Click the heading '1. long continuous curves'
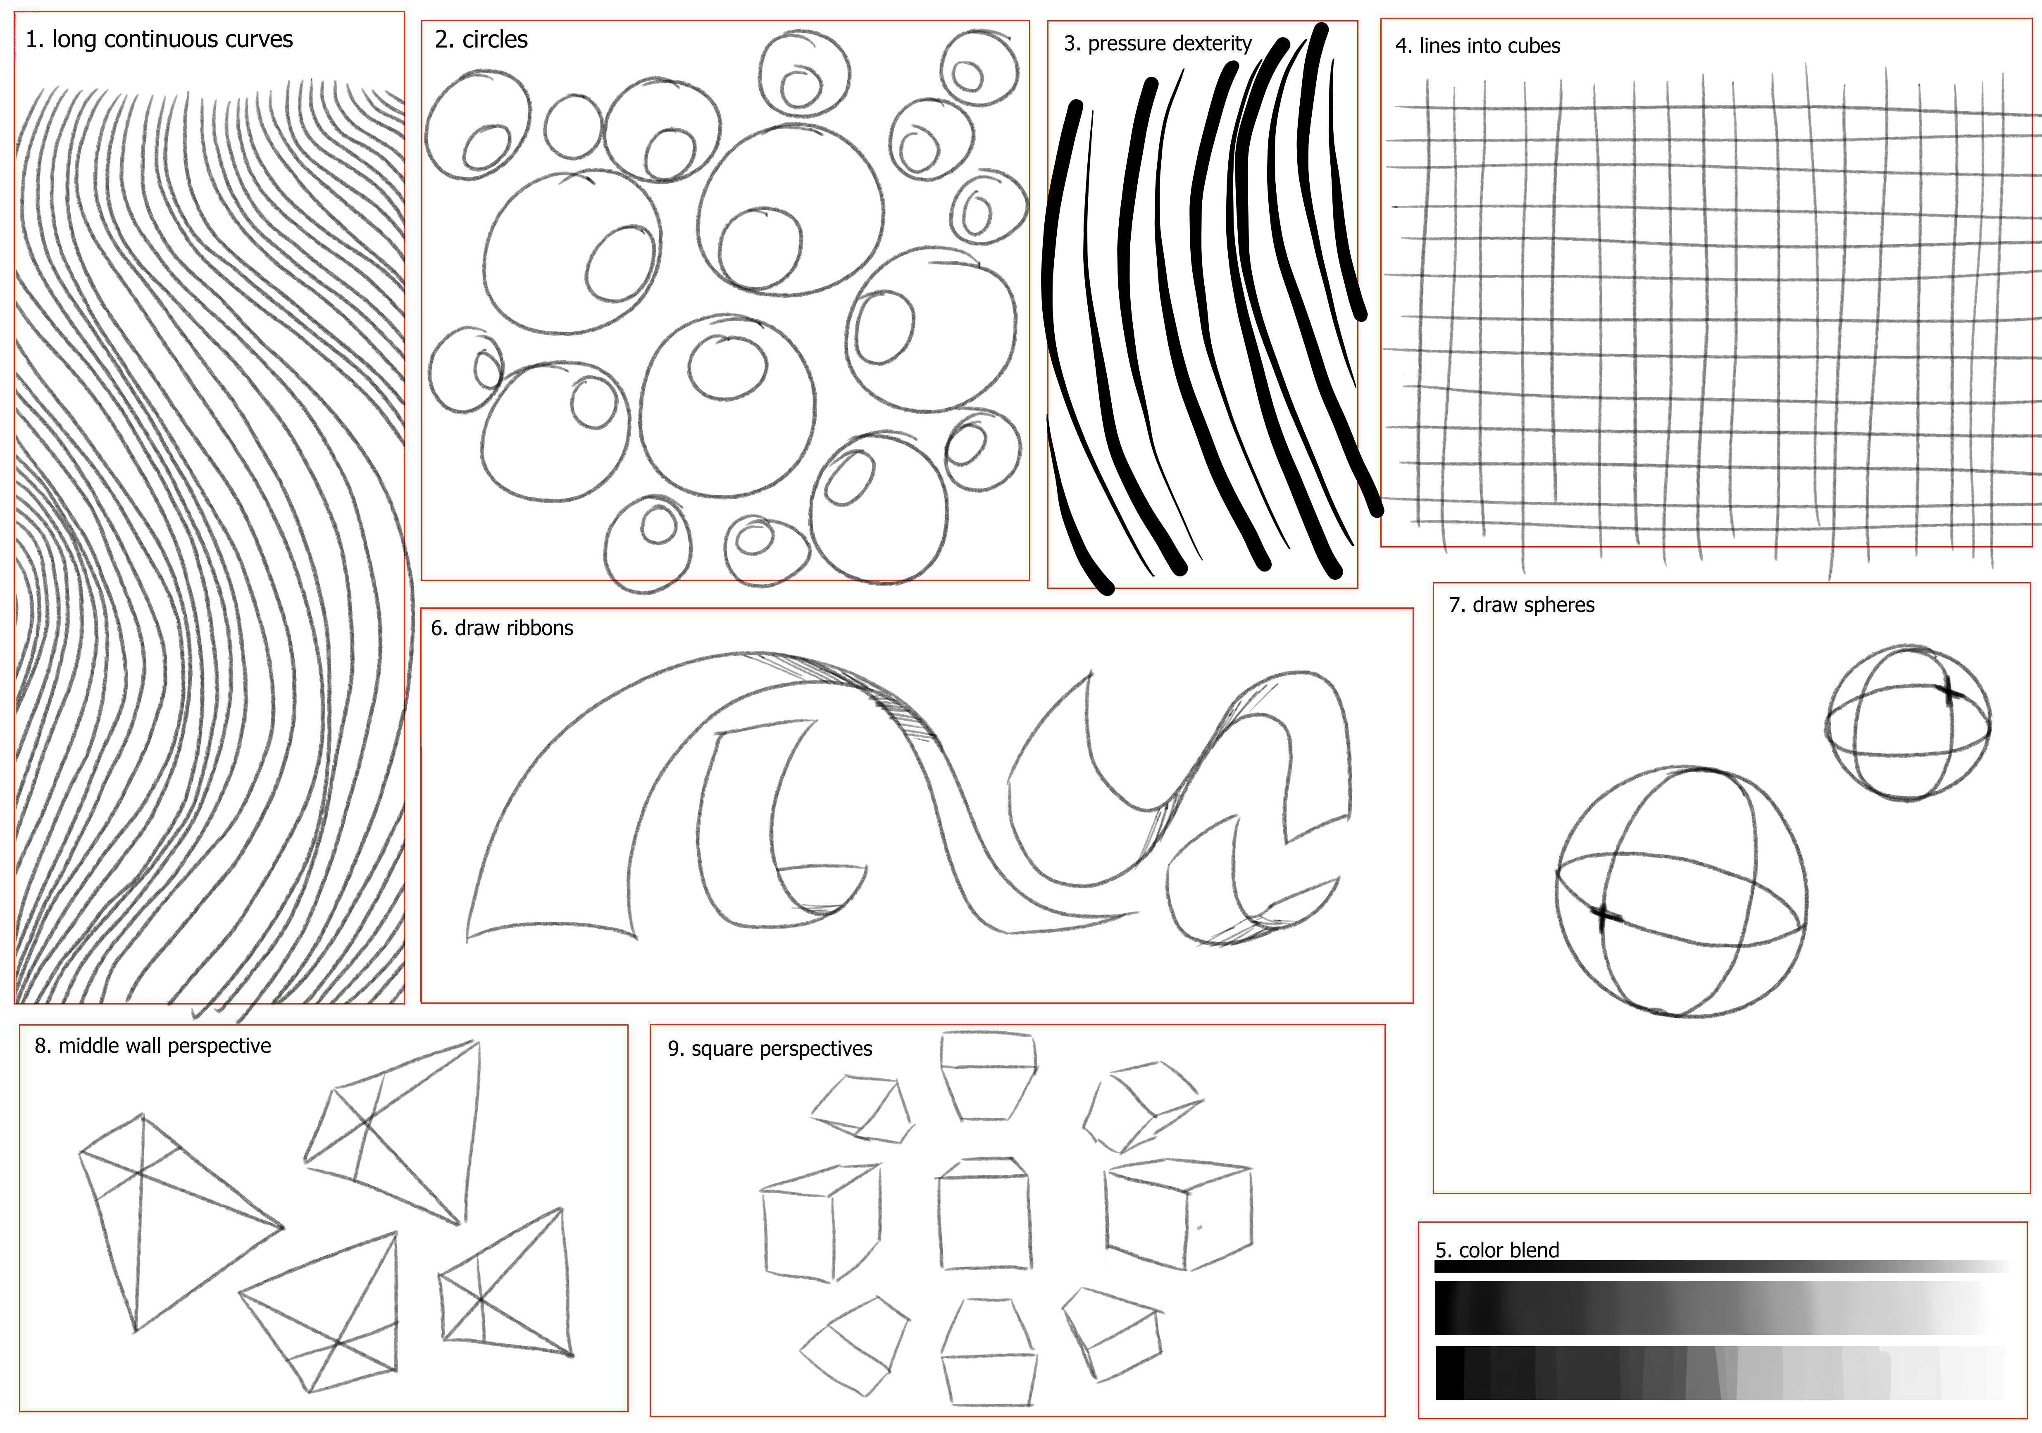point(159,40)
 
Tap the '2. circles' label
point(481,40)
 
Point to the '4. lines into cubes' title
point(1477,46)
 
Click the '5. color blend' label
point(1497,1250)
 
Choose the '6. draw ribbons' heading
point(502,628)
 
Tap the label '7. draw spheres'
point(1522,605)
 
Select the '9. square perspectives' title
point(770,1049)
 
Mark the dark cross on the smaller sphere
point(1948,692)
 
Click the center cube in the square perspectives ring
point(984,1214)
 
